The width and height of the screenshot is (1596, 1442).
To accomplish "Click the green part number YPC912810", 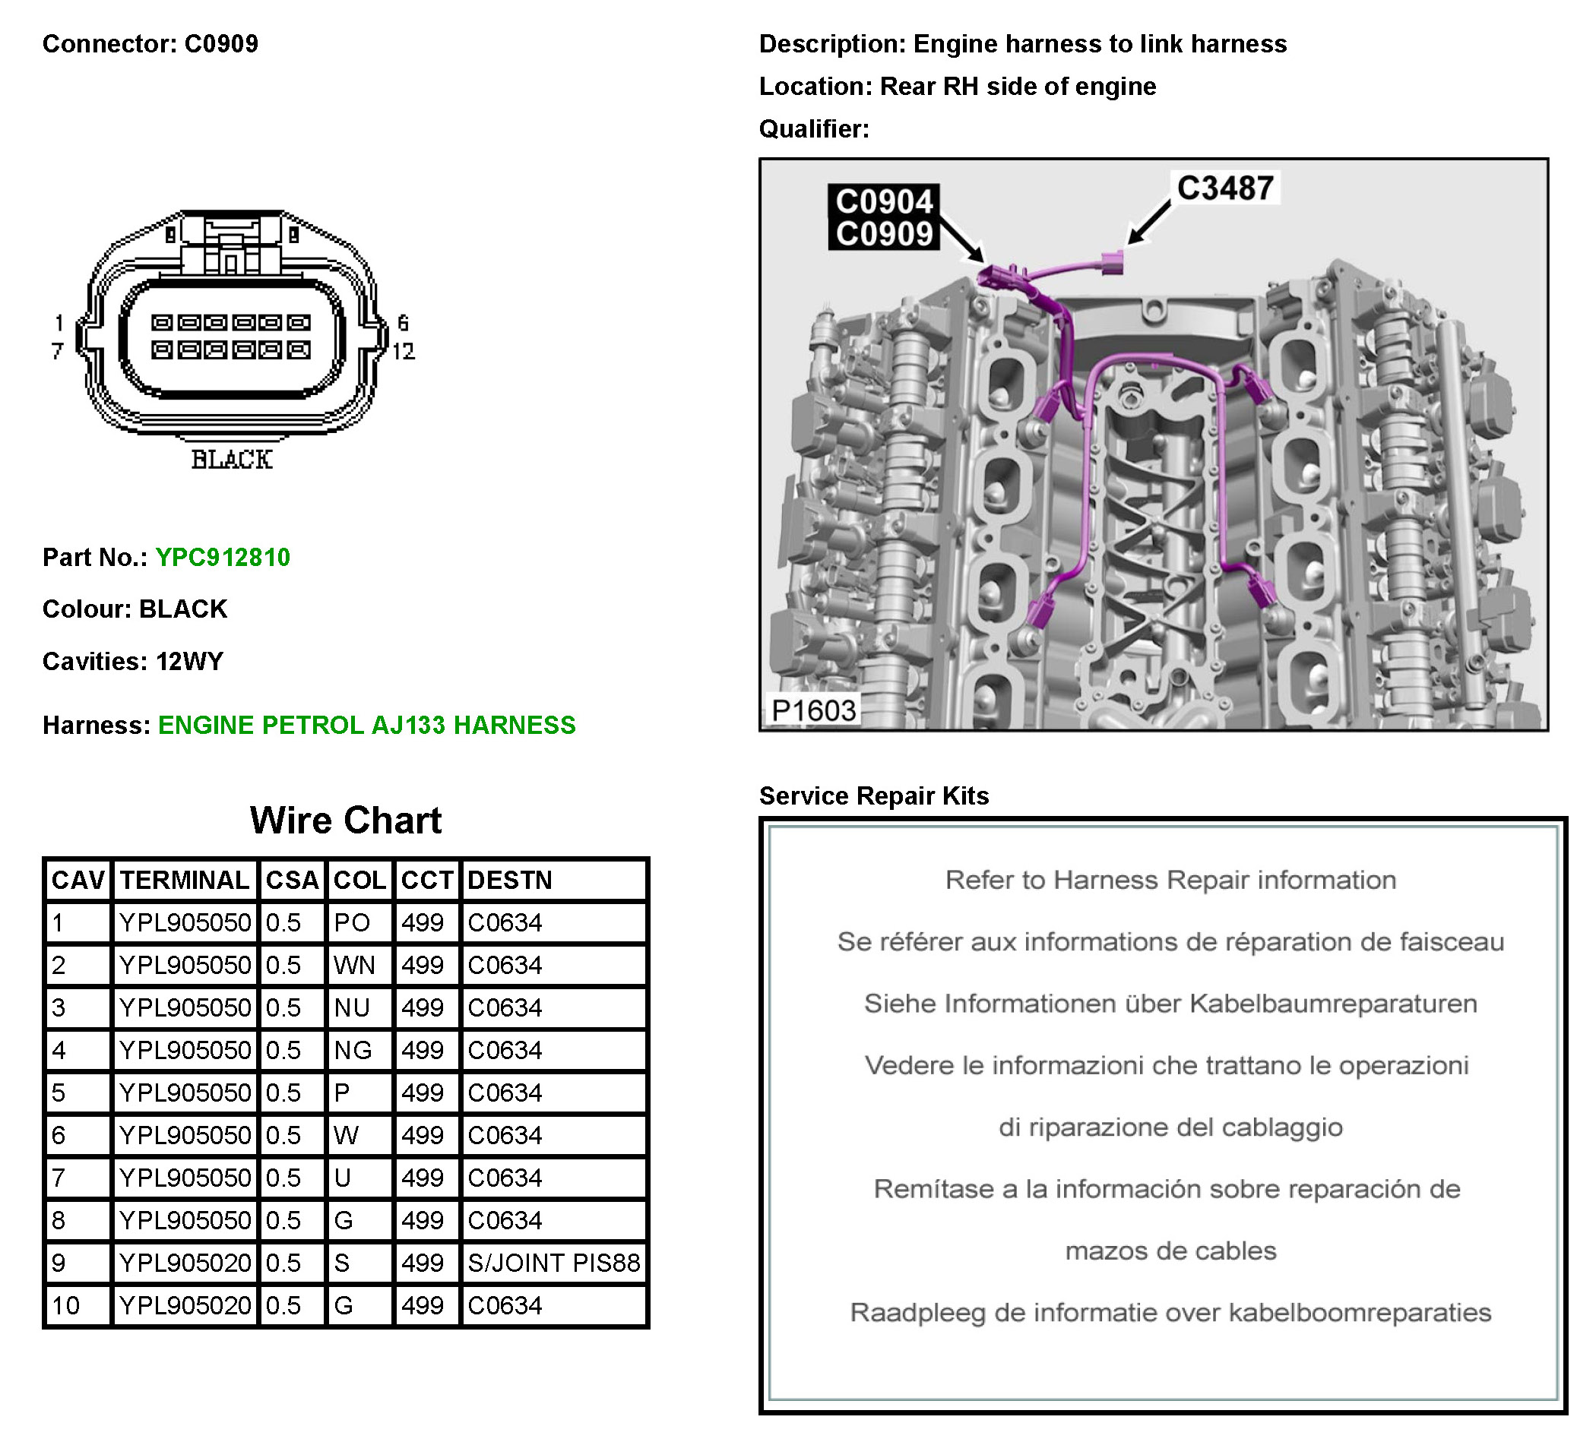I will [223, 557].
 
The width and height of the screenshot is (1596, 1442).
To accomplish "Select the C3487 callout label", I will [1224, 188].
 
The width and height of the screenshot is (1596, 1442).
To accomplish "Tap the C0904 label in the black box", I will [883, 202].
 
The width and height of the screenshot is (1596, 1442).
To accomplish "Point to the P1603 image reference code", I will [813, 710].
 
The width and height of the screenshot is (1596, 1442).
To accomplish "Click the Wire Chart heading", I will [345, 820].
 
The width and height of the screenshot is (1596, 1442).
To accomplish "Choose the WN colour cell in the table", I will [354, 965].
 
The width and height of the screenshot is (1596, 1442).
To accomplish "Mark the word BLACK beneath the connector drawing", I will [232, 459].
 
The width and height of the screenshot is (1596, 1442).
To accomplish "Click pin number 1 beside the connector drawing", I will [59, 323].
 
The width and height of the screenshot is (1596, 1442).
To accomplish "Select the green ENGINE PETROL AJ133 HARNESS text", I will [366, 725].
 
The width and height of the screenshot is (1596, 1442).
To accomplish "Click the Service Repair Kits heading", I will [874, 795].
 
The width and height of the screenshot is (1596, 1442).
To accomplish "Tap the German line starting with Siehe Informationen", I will [1170, 1003].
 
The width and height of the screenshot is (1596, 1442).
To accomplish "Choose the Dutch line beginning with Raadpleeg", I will [1170, 1312].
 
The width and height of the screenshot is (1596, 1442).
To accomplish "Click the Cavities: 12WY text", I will [133, 661].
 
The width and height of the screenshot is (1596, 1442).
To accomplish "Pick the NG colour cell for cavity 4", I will [353, 1049].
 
